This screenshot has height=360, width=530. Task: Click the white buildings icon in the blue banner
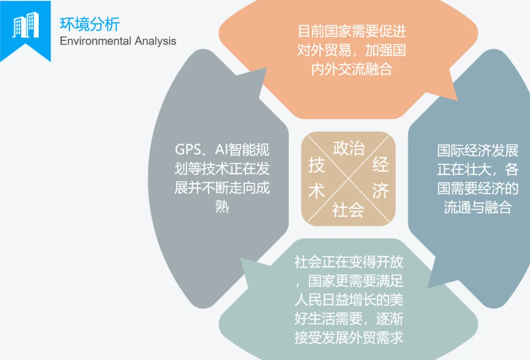tap(26, 25)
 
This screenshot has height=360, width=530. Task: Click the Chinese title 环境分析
tap(89, 24)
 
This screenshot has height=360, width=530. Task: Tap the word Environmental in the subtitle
tap(95, 41)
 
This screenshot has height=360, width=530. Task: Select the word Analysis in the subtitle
tap(155, 41)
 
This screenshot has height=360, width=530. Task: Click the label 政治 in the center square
tap(349, 148)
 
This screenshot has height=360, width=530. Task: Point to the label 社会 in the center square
tap(348, 210)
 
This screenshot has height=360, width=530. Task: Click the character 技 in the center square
tap(317, 165)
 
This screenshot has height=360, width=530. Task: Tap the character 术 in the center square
tap(317, 191)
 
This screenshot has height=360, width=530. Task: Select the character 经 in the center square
tap(380, 165)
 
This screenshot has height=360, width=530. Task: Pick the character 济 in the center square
tap(380, 191)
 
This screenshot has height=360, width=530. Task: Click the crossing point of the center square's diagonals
tap(348, 179)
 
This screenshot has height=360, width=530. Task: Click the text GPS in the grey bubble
tap(188, 149)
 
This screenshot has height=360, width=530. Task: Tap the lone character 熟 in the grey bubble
tap(222, 206)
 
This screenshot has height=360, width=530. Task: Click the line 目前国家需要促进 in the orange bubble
tap(352, 31)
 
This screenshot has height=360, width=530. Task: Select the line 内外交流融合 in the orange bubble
tap(351, 70)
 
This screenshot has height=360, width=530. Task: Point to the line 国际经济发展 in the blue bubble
tap(477, 150)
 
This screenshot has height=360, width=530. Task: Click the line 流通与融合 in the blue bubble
tap(477, 207)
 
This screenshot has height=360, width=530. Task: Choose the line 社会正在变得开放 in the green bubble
tap(349, 262)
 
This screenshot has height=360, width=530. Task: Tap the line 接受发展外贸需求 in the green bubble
tap(349, 337)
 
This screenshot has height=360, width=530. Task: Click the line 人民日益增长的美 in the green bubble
tap(349, 300)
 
